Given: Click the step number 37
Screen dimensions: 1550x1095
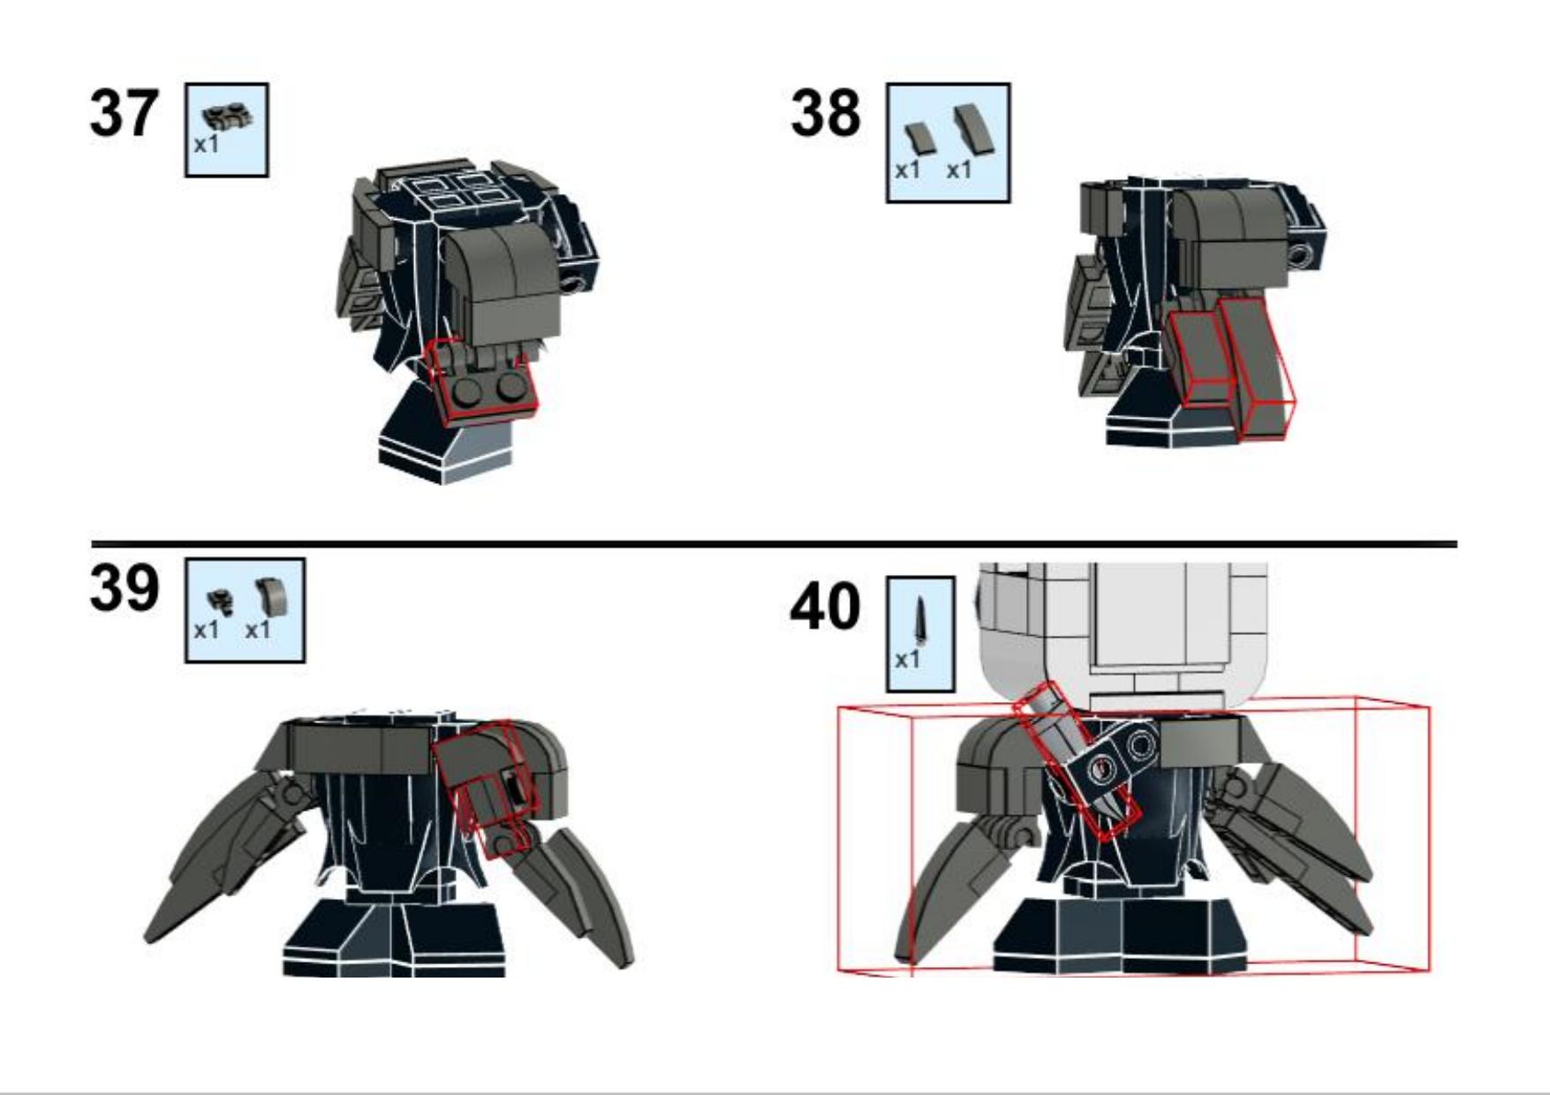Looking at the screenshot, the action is pos(124,114).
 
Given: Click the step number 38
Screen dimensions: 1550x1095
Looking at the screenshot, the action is pos(825,114).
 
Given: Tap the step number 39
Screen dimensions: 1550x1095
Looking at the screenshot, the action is pos(124,588).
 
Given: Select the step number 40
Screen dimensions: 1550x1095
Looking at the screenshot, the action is pos(825,607).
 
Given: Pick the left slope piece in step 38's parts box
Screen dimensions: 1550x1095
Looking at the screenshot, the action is pos(919,138).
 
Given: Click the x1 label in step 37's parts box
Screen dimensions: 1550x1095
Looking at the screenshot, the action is pos(206,145).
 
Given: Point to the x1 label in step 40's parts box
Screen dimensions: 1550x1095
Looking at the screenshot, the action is pos(907,660).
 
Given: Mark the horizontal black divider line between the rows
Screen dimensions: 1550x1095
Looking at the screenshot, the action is pos(774,544).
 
